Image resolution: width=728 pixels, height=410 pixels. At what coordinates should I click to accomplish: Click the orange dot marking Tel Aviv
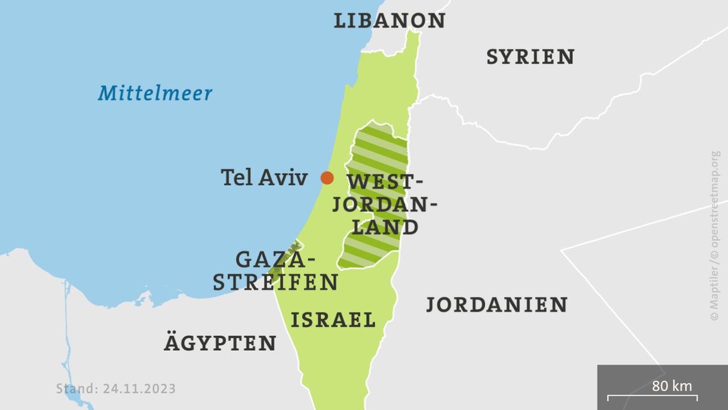tap(327, 178)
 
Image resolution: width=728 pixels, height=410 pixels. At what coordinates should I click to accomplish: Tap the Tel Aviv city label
tap(264, 178)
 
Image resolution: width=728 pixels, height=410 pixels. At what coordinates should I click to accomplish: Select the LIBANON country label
tap(389, 20)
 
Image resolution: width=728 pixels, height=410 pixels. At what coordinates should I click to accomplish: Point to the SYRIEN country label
tap(530, 57)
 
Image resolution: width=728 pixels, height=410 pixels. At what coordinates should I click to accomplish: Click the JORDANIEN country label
tap(497, 305)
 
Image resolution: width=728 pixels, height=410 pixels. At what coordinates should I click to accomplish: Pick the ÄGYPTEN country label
tap(220, 343)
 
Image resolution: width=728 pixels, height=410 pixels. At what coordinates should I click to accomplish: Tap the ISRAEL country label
tap(333, 319)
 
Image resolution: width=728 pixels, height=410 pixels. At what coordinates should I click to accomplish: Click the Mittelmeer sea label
tap(155, 93)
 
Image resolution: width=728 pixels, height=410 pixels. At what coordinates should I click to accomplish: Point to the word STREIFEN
tap(276, 282)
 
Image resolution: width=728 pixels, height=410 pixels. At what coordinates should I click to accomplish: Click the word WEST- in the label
tap(386, 183)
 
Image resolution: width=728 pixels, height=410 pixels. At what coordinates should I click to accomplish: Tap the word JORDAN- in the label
tap(384, 205)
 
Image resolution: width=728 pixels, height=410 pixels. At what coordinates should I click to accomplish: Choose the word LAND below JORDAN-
tap(386, 227)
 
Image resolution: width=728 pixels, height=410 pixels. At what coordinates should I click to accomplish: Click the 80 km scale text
tap(672, 386)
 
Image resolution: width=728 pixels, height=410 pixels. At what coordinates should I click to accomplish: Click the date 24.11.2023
tap(139, 389)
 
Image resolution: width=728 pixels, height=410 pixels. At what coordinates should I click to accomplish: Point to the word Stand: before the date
tap(77, 389)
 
